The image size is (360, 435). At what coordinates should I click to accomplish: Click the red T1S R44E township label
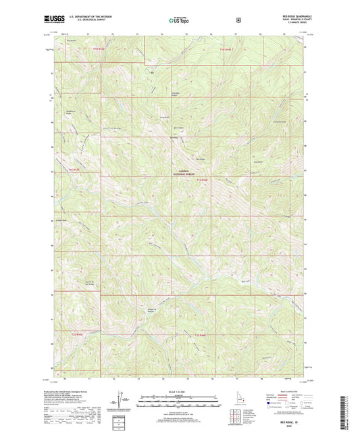203,179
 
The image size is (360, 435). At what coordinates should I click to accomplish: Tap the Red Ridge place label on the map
201,159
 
